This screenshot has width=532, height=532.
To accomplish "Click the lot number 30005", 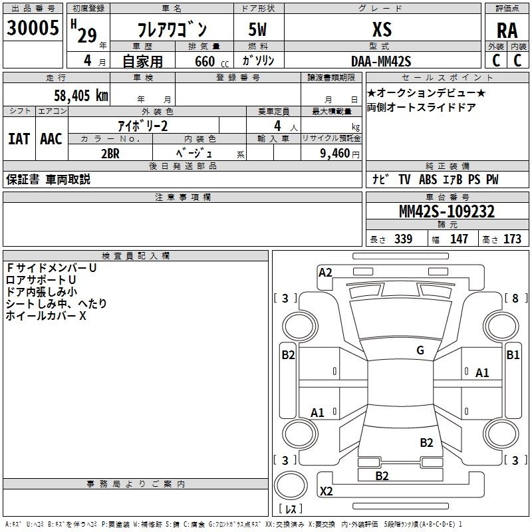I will coord(33,29).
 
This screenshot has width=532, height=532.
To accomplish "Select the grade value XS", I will coord(382,29).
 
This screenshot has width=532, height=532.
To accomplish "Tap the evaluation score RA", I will coord(507,31).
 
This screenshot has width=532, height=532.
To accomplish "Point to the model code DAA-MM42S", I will coord(381,62).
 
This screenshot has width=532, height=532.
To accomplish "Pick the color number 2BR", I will coord(110,152).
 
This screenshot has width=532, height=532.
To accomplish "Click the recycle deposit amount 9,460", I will coord(335,152).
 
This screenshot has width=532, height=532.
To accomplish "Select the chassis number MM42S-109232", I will coord(446,211).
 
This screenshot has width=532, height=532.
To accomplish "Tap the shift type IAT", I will coord(19,139).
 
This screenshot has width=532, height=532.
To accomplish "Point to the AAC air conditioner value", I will coord(51,139).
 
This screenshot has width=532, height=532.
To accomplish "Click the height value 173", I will coord(513,239).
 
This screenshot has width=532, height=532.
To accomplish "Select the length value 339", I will coord(403,239).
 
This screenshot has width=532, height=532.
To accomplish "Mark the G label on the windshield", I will coord(420,350).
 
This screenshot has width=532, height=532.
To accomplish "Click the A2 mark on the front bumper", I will coord(325,272).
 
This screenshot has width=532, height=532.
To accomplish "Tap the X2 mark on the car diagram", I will coord(327,491).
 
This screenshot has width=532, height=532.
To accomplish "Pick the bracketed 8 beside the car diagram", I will coord(515,298).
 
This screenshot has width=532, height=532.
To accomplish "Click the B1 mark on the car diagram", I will coord(513,355).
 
